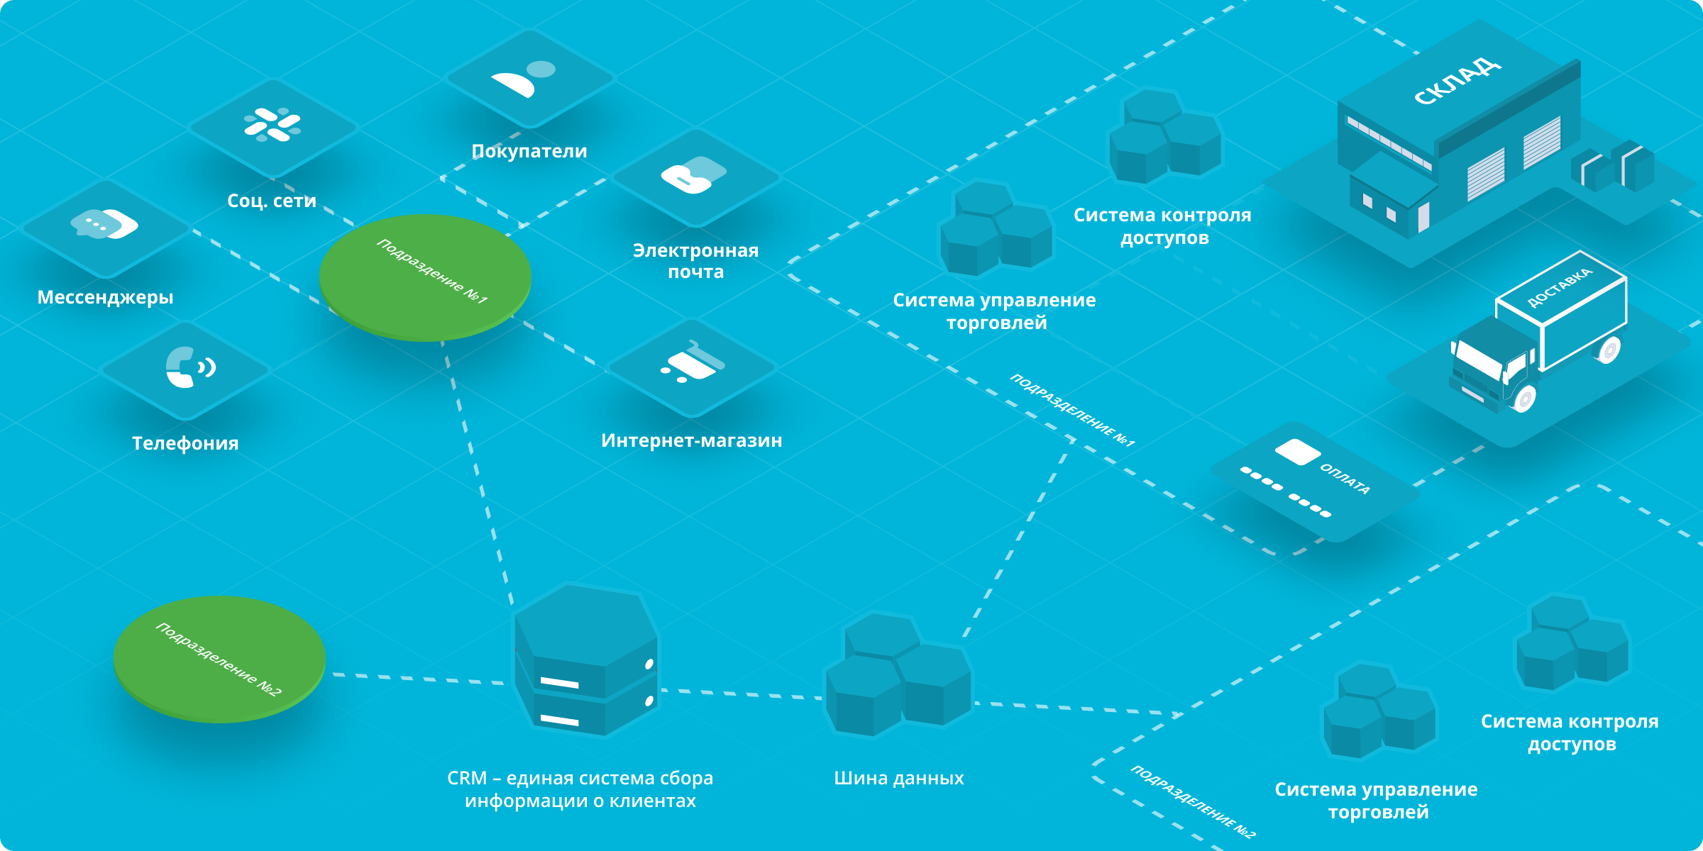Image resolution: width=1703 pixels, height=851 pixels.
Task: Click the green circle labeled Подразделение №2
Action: [219, 658]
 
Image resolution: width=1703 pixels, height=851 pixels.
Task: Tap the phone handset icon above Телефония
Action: [189, 367]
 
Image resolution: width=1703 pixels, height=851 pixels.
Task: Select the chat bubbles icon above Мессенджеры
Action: [105, 224]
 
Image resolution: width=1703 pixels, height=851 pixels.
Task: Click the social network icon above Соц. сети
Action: [272, 125]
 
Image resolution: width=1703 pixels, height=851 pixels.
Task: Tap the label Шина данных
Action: [898, 778]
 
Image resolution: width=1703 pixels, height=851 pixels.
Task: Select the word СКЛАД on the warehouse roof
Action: [1457, 81]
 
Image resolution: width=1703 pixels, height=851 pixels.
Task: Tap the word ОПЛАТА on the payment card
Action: [1345, 479]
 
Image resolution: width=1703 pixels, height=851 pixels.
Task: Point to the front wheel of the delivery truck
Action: [1523, 399]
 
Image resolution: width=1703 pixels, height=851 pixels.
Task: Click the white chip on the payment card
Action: [1297, 452]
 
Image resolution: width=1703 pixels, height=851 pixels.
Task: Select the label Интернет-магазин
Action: [691, 440]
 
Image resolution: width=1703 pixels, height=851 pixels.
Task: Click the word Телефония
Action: [185, 443]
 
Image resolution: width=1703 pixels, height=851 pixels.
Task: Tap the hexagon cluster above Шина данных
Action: [897, 674]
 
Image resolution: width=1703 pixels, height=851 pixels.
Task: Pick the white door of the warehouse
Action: [1423, 217]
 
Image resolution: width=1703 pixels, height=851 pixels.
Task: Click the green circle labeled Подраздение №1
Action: [425, 277]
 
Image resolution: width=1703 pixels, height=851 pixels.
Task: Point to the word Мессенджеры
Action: [105, 297]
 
